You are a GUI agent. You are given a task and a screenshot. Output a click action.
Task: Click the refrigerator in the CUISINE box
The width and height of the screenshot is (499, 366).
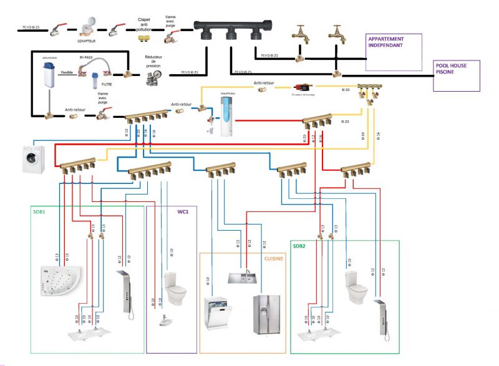coord(267,314)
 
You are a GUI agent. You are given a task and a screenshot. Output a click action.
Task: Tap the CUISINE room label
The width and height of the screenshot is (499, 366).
coord(272,258)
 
